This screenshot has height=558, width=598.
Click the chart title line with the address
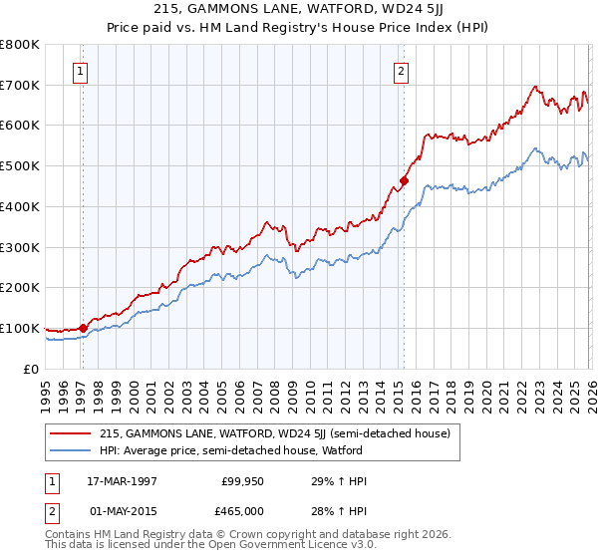(298, 8)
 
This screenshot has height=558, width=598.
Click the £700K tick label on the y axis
(20, 85)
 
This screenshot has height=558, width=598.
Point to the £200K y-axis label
(20, 288)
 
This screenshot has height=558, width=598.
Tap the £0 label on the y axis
(30, 369)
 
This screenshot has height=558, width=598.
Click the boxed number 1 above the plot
(79, 71)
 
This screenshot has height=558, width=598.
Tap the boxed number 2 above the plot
(400, 71)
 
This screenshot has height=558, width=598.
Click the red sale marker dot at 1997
(84, 328)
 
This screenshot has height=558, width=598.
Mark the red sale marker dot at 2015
(404, 180)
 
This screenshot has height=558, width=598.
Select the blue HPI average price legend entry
(230, 450)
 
